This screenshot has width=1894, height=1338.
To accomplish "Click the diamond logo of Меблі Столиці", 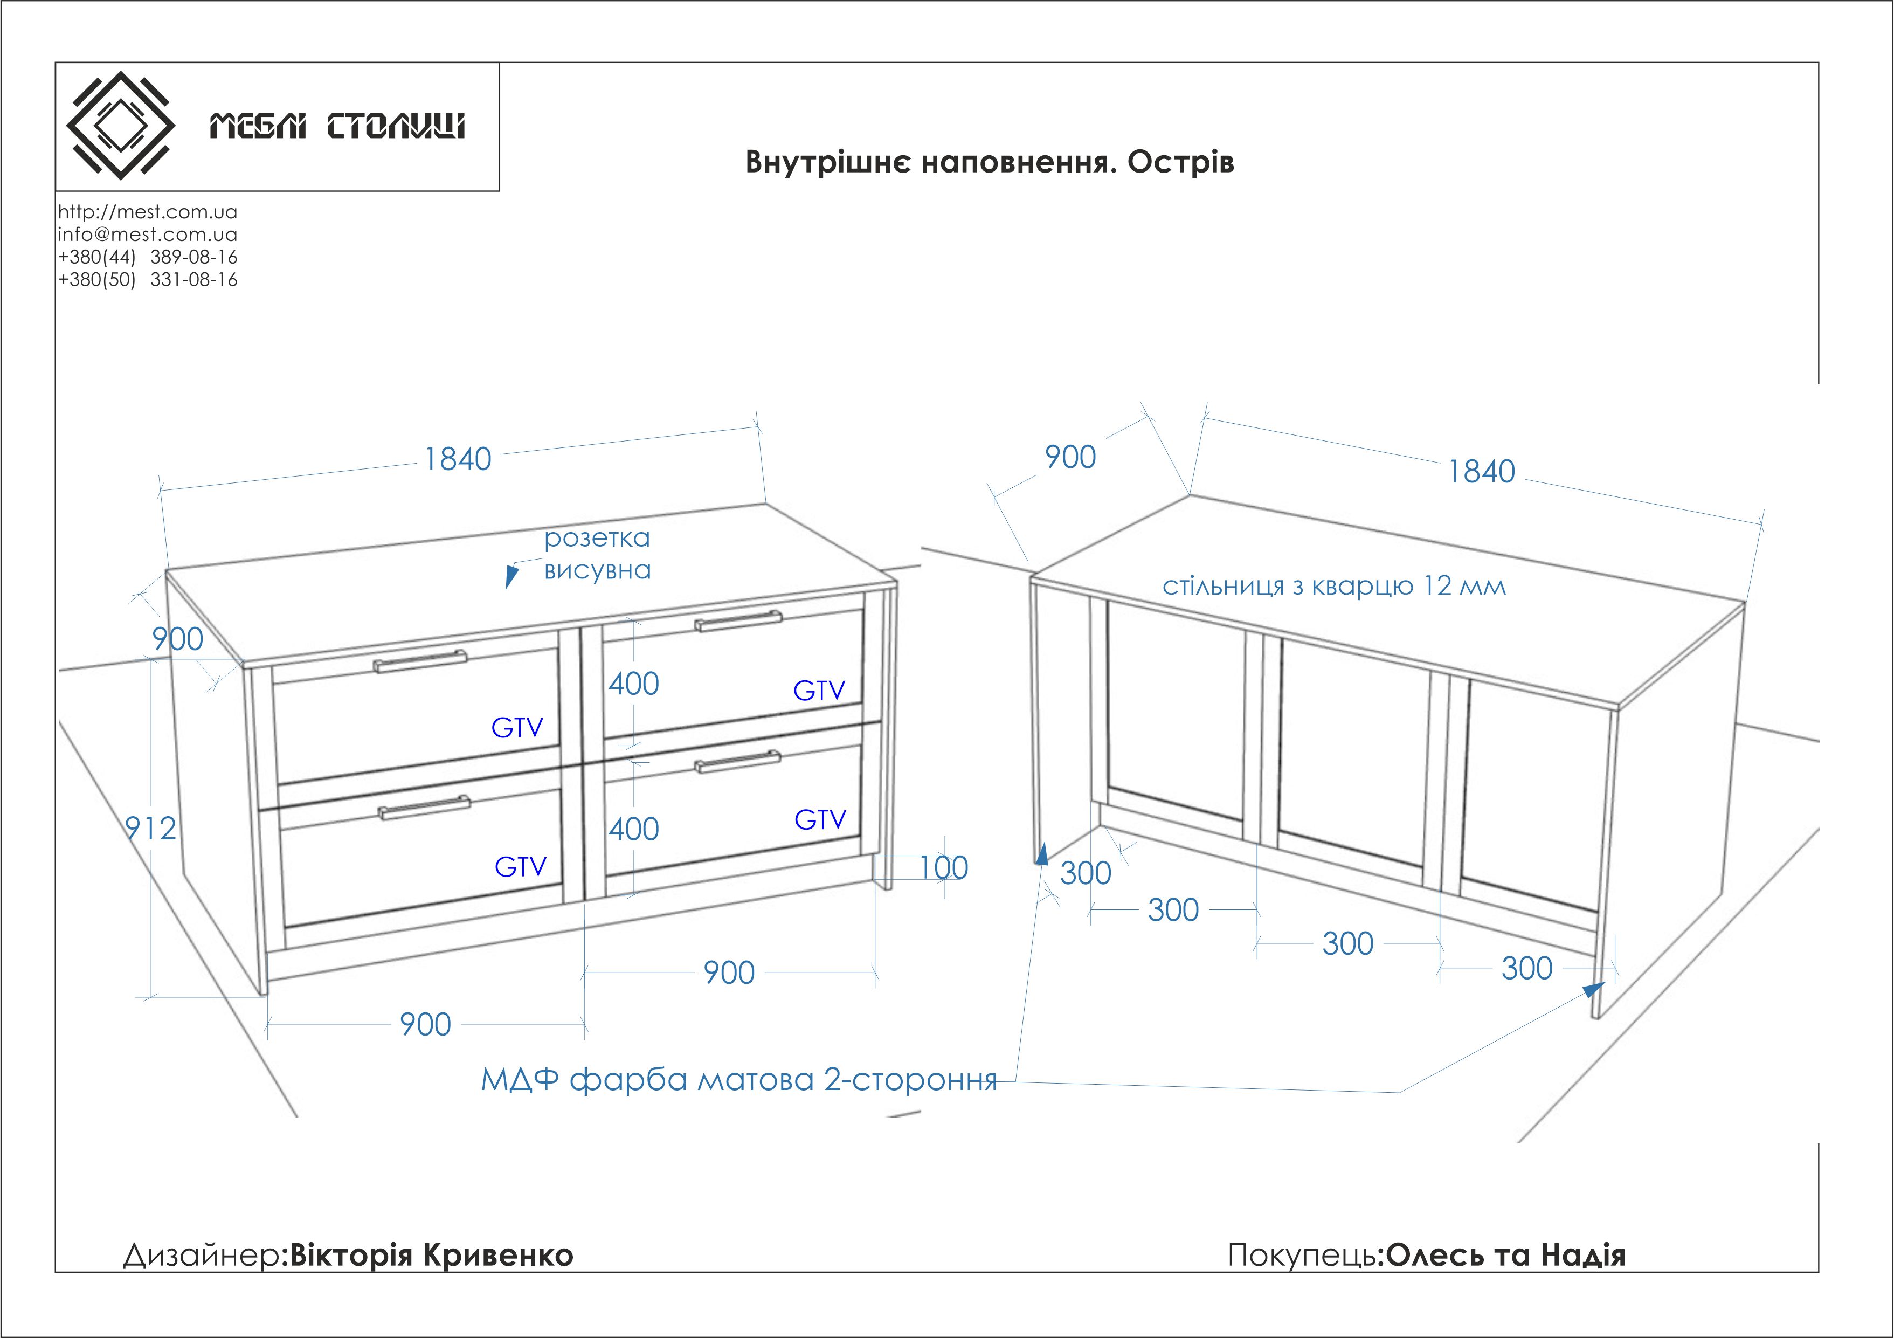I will pos(120,126).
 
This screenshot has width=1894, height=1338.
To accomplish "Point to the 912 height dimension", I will pos(150,827).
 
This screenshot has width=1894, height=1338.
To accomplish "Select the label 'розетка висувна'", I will pos(597,554).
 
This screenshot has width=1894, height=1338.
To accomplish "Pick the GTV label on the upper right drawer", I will pos(819,691).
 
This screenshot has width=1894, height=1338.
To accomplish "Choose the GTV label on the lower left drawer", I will pos(521,866).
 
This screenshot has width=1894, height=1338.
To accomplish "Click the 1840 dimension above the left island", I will pos(458,459).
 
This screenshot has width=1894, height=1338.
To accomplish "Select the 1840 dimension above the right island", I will pos(1482,472).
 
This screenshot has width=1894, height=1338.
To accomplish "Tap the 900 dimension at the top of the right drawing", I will pos(1070,457).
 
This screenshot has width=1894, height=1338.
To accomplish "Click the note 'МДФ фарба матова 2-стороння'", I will pos(739,1079).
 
